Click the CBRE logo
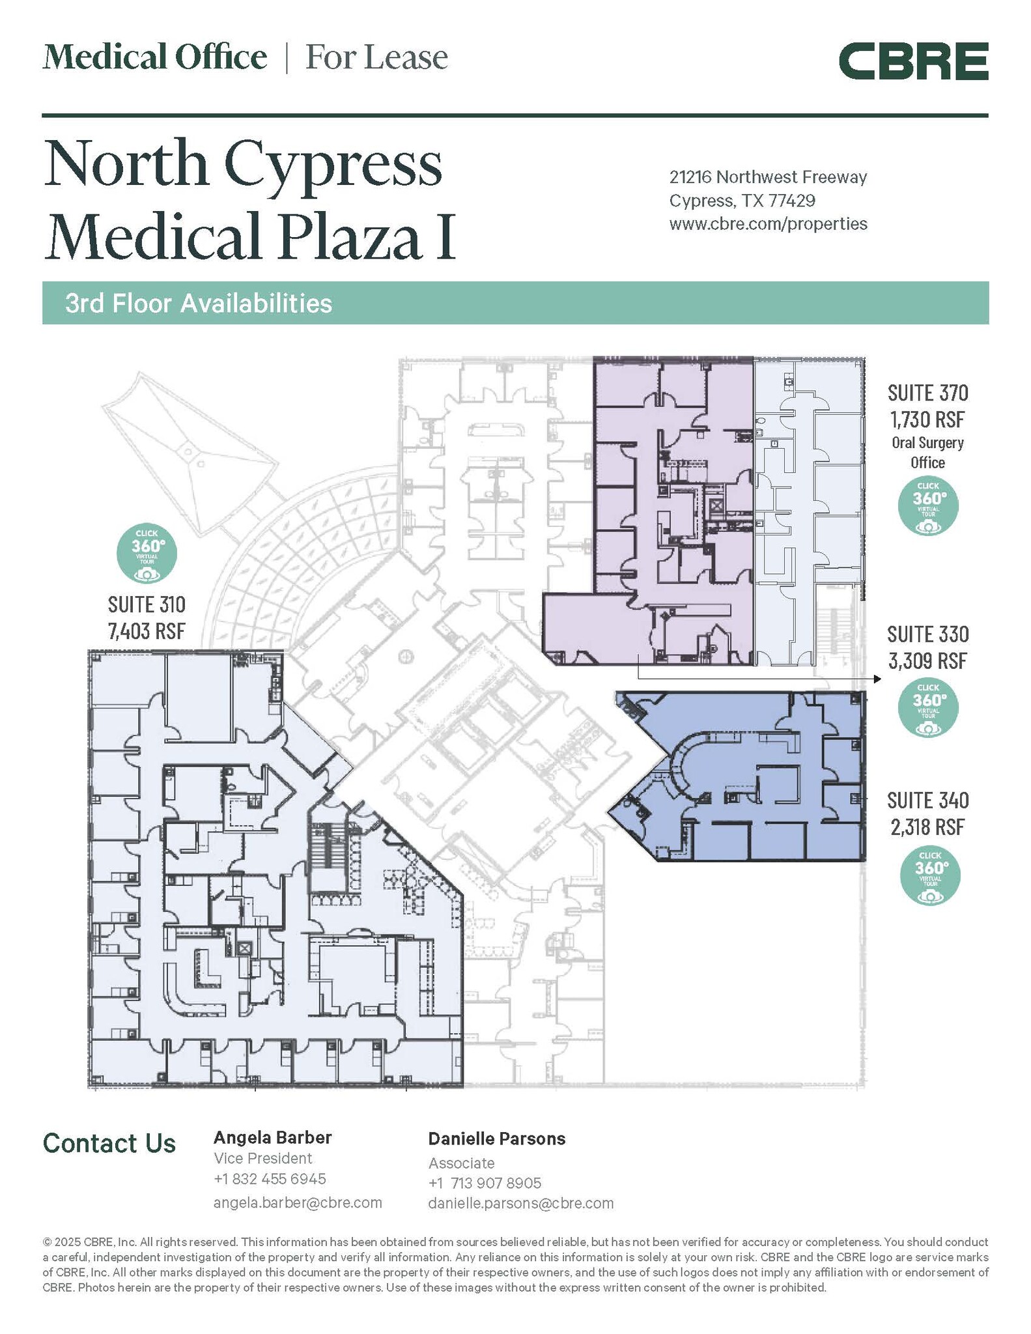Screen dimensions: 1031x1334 [913, 61]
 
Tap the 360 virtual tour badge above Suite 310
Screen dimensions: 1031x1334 [147, 553]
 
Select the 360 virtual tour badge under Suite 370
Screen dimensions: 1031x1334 [928, 505]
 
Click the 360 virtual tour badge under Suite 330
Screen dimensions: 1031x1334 [928, 708]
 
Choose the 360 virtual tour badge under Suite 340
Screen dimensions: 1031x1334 [930, 875]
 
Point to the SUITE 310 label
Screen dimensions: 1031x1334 [147, 604]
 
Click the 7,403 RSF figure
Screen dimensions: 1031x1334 [147, 631]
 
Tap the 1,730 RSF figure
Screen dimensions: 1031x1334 [927, 419]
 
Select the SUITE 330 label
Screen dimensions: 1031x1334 [928, 634]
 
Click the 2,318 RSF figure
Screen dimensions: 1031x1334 [928, 827]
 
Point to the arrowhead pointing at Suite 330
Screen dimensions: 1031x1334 [877, 679]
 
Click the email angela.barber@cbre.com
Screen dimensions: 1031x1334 [298, 1202]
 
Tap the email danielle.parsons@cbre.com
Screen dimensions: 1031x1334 [521, 1203]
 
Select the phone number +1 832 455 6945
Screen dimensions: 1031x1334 [270, 1179]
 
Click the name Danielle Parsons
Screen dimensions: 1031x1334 [497, 1139]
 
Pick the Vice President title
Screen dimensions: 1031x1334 [263, 1158]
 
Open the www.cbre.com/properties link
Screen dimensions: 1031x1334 [769, 224]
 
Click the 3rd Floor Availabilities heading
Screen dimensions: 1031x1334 [199, 304]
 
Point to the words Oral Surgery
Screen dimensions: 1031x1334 [927, 443]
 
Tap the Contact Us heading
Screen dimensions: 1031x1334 [109, 1143]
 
